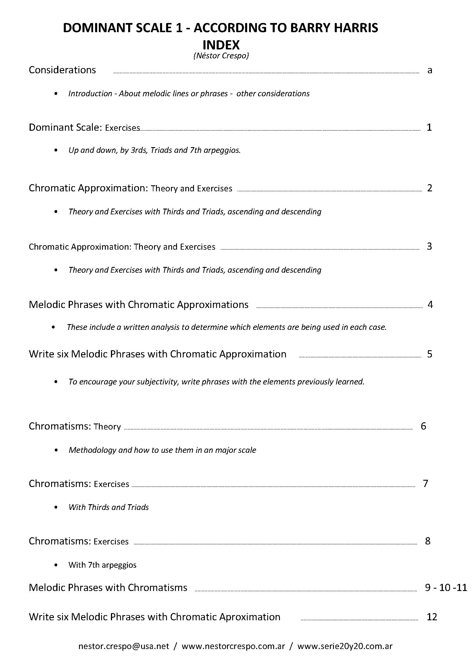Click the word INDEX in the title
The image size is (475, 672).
click(221, 45)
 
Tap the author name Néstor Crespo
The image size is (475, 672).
click(221, 56)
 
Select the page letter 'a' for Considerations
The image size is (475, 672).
click(430, 70)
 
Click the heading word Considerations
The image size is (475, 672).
click(62, 70)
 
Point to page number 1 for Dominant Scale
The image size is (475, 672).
click(429, 127)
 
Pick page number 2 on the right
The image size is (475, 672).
click(429, 188)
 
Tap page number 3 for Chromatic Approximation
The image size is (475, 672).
click(429, 246)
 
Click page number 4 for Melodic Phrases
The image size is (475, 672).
click(430, 304)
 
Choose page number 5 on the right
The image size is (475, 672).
click(429, 354)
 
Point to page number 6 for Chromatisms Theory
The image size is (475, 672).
click(423, 426)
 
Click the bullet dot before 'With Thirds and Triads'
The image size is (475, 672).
click(56, 507)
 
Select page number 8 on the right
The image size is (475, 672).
click(428, 541)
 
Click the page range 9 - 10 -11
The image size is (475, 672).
click(446, 588)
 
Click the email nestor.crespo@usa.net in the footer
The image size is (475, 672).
click(124, 646)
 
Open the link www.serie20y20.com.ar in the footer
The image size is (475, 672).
click(345, 646)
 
